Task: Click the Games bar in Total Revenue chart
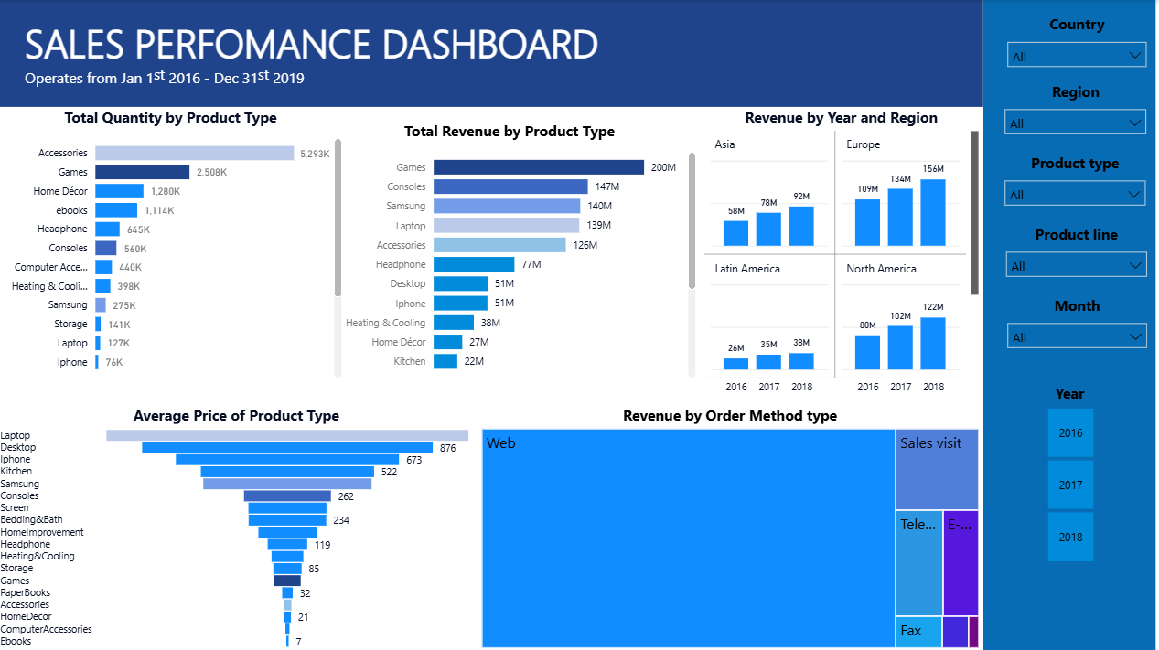(x=538, y=167)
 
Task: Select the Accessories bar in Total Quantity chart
(x=194, y=154)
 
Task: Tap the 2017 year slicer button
(x=1070, y=485)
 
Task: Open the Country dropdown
(x=1076, y=56)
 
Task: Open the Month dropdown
(x=1076, y=336)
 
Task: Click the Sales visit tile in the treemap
(x=937, y=469)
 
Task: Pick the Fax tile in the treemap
(x=918, y=632)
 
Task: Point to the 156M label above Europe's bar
(x=933, y=169)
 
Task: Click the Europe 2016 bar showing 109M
(x=867, y=222)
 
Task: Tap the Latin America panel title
(x=747, y=269)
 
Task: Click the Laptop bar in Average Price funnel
(x=287, y=435)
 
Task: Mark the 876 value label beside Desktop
(x=447, y=448)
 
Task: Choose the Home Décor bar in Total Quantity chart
(x=120, y=191)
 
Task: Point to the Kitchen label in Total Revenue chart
(x=410, y=361)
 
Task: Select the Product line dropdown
(x=1076, y=265)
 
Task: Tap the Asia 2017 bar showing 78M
(x=768, y=229)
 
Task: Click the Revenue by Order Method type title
(x=729, y=416)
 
